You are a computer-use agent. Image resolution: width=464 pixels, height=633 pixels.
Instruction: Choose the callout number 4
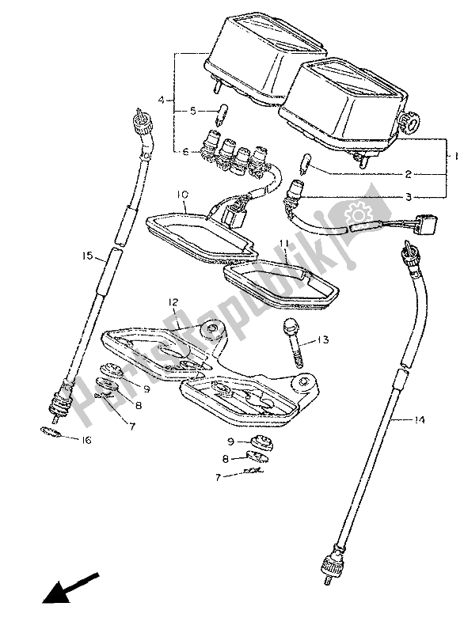[x=161, y=100]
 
